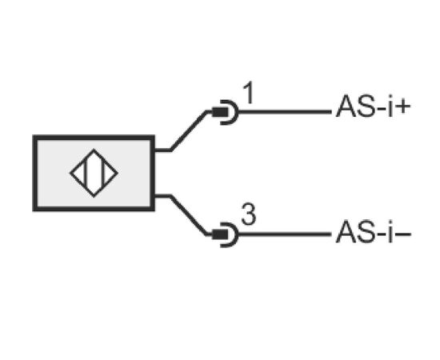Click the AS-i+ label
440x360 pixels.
[x=374, y=106]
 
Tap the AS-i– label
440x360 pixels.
[x=374, y=232]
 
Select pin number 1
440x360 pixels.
[x=248, y=93]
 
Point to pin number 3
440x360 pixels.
[x=249, y=214]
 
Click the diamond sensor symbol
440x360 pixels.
[x=94, y=173]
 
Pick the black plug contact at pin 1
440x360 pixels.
[x=220, y=112]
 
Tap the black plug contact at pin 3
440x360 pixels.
[x=220, y=234]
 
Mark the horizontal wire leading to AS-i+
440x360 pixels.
[x=285, y=112]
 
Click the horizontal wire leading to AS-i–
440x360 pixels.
[x=285, y=234]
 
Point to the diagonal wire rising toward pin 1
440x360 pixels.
[x=189, y=131]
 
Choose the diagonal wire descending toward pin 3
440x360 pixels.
[x=189, y=215]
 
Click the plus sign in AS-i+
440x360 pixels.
[x=402, y=107]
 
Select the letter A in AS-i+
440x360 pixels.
[x=346, y=106]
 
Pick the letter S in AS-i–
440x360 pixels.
[x=366, y=232]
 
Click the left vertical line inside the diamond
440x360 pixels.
[x=86, y=173]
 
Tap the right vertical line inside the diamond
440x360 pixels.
[x=103, y=173]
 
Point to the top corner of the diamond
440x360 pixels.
[x=94, y=150]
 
